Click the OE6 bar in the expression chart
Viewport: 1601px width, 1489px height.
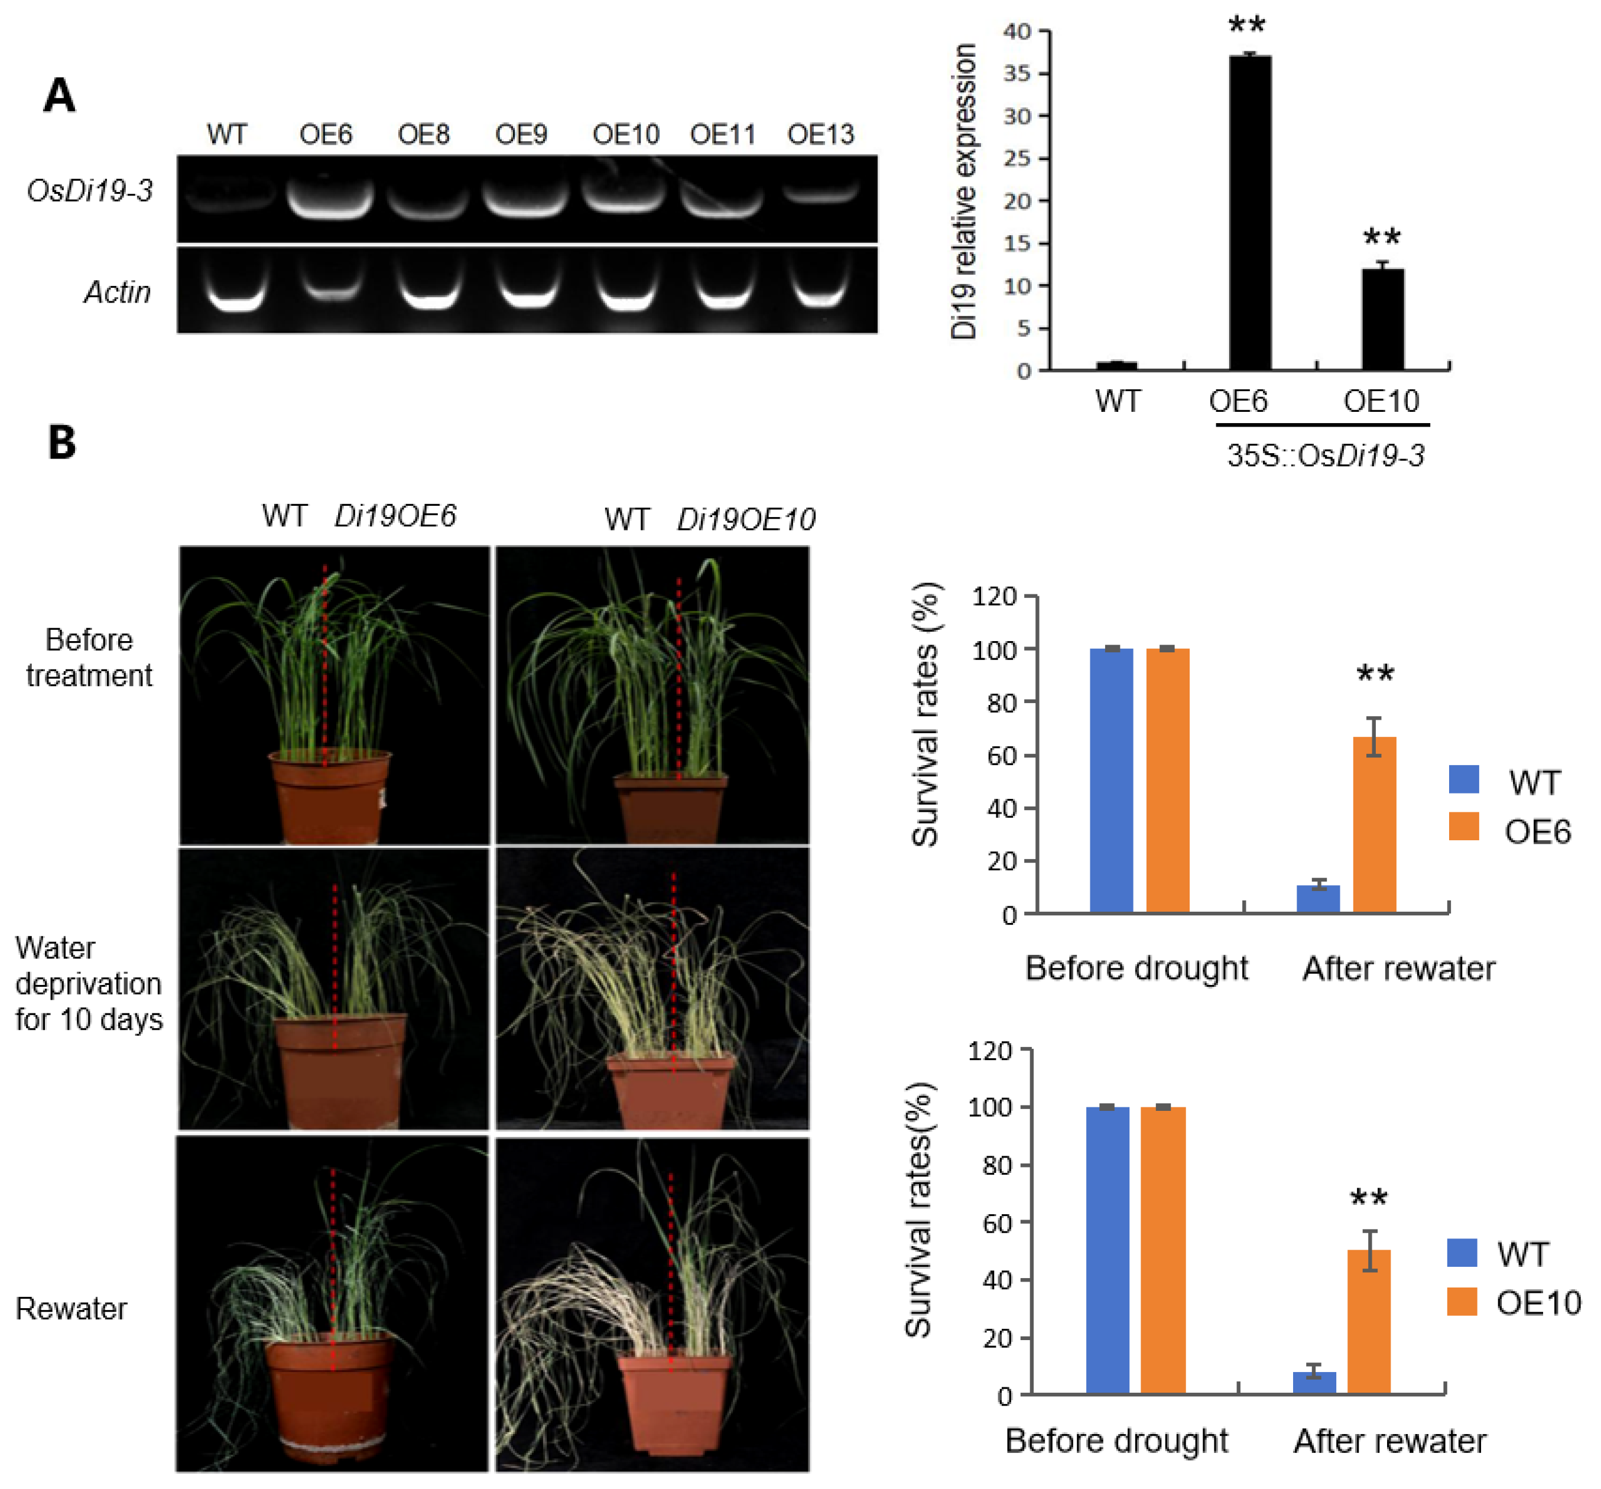(1249, 213)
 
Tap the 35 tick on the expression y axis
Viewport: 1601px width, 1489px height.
(1017, 73)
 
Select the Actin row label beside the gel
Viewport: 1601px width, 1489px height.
(118, 291)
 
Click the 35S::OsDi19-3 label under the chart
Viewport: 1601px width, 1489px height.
(1325, 456)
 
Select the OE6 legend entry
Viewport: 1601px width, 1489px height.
(1510, 830)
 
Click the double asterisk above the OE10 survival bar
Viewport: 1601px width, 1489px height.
(1368, 1198)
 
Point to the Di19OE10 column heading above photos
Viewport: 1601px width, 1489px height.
(745, 519)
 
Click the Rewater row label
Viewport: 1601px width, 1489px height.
(71, 1309)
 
